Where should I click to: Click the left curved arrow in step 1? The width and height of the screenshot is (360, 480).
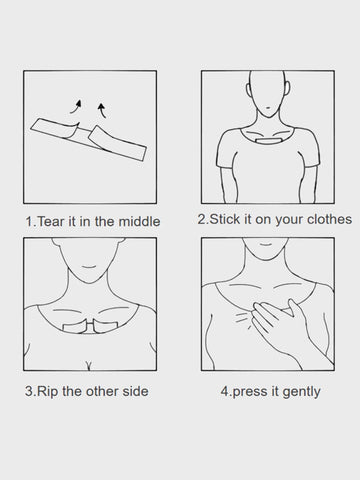tap(77, 107)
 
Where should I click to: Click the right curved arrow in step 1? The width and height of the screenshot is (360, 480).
tap(103, 111)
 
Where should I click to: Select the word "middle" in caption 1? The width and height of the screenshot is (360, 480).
tap(139, 222)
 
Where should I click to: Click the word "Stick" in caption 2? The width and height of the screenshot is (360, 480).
tap(225, 219)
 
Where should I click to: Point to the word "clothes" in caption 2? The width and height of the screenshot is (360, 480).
tap(329, 219)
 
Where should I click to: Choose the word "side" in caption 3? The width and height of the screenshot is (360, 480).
tap(135, 391)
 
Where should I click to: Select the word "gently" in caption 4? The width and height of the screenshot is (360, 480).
tap(301, 392)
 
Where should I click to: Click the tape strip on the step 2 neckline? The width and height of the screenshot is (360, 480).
tap(269, 140)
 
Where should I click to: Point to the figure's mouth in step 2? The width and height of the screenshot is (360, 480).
tap(269, 107)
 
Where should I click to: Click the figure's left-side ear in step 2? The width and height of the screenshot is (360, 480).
tap(248, 89)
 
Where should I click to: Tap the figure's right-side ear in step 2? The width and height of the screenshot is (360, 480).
tap(287, 89)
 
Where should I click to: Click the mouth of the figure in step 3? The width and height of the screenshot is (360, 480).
tap(89, 267)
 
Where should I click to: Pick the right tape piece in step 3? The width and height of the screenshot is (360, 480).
tap(105, 326)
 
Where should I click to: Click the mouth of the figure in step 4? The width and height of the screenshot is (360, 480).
tap(265, 244)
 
